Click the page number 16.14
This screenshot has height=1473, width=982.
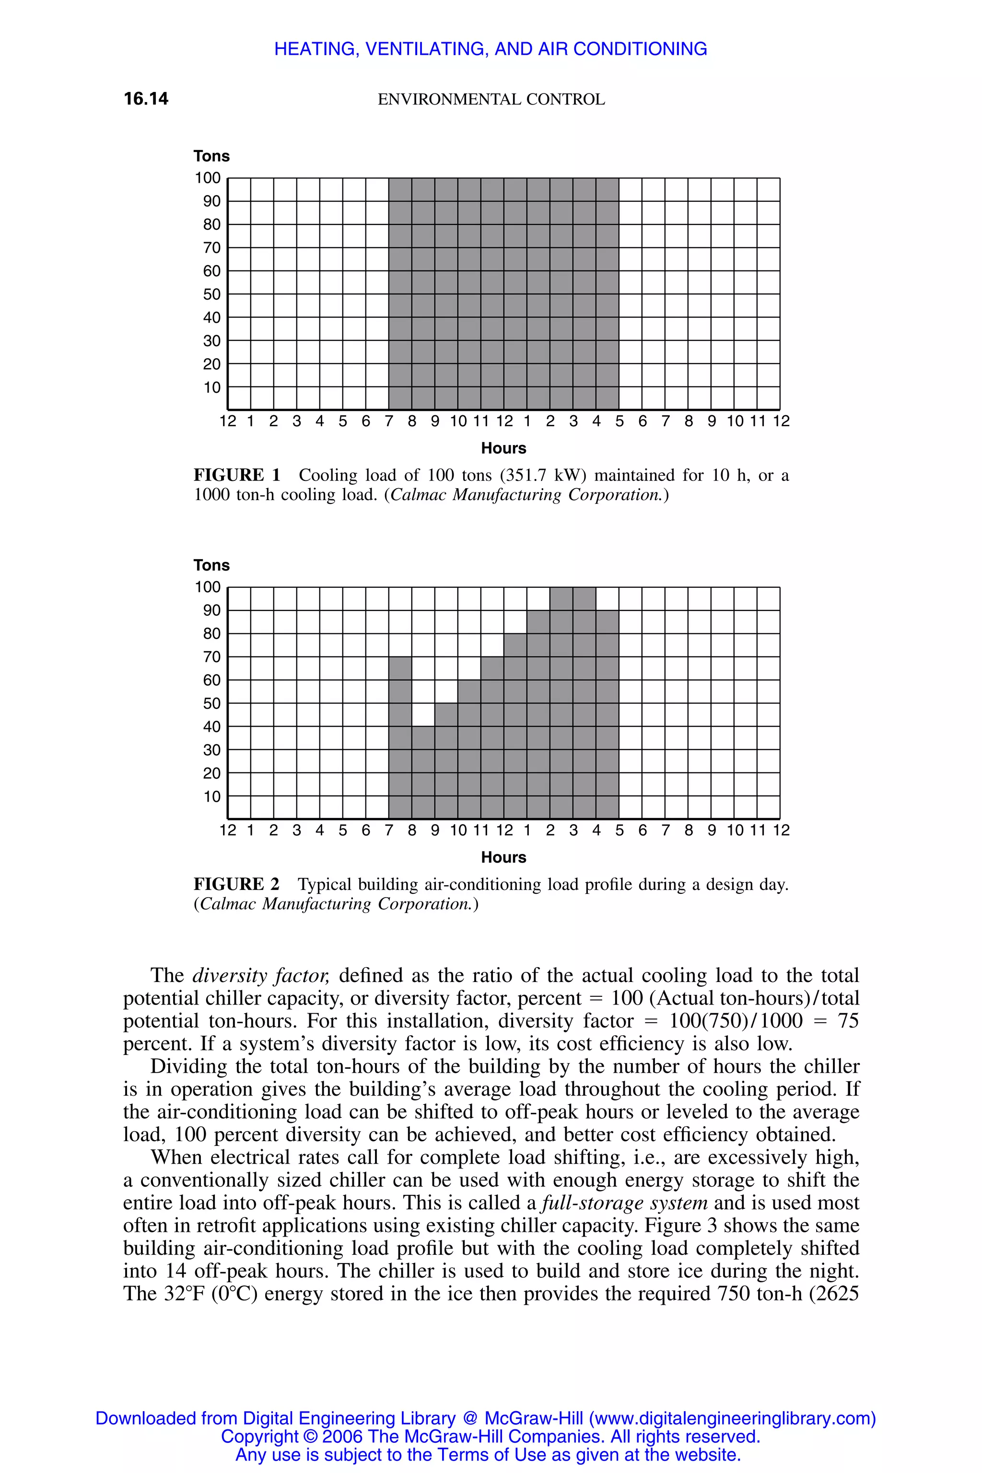point(146,99)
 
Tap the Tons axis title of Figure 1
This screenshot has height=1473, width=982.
point(211,156)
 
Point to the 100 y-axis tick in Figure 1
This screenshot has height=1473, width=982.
point(208,178)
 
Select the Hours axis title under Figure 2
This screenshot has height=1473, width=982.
point(503,857)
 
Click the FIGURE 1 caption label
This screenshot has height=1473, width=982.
point(237,475)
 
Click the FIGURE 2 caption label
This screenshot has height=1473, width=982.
point(237,884)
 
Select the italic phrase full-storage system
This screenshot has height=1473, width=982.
point(624,1203)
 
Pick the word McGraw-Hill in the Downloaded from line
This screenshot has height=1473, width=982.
point(534,1418)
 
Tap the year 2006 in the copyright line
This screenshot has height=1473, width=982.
point(343,1437)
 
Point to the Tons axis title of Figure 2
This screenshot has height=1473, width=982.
point(211,565)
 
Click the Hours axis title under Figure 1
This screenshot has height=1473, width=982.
point(503,448)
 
